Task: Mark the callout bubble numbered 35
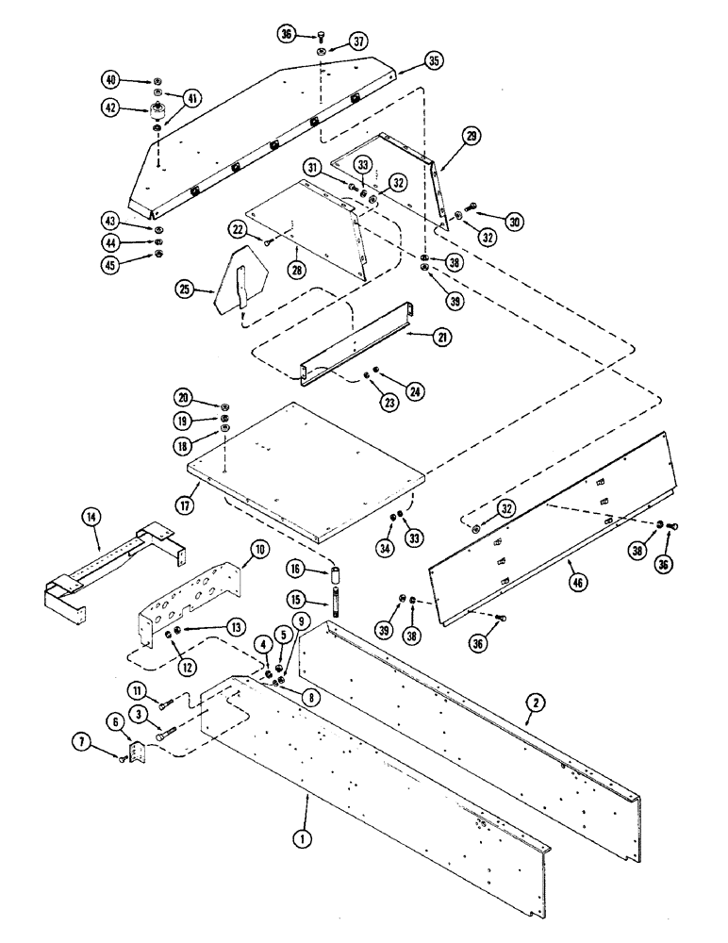[434, 60]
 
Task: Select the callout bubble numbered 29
[471, 136]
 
